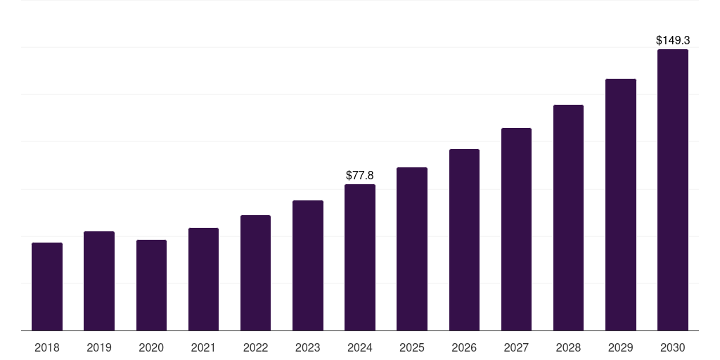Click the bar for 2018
(47, 287)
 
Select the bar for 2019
(99, 281)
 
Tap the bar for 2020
(151, 285)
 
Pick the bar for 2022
(255, 273)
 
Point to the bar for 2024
(360, 257)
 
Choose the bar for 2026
(464, 240)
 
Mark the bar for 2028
(568, 218)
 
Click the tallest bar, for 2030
(672, 190)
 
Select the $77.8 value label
(360, 175)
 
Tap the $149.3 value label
(672, 41)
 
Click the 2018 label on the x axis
(47, 347)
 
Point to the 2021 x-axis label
(203, 347)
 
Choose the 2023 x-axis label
(308, 347)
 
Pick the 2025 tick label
(412, 347)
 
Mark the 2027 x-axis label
(516, 347)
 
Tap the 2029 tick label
(620, 347)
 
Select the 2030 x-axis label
(672, 347)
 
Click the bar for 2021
(203, 279)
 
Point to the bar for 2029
(620, 205)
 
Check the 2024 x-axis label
(360, 347)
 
